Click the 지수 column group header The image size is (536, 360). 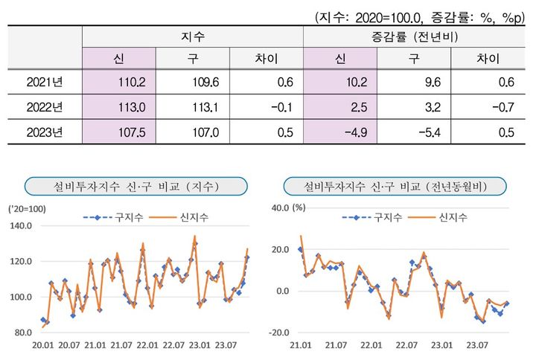coord(193,36)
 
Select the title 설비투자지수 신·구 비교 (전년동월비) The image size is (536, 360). coord(394,184)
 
